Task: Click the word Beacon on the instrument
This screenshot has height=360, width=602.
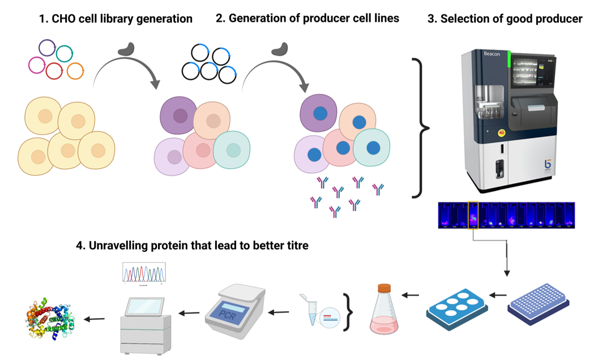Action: (x=492, y=54)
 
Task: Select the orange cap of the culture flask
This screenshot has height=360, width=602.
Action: (x=385, y=288)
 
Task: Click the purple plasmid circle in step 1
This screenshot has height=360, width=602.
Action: (x=48, y=48)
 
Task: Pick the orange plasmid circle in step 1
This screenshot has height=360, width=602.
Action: (x=75, y=71)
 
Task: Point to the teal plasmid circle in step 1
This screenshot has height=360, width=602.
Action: (x=65, y=52)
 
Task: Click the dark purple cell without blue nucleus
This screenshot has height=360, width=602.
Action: (x=180, y=114)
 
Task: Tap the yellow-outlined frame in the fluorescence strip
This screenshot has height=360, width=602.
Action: (x=474, y=216)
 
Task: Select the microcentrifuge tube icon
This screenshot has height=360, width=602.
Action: (x=309, y=309)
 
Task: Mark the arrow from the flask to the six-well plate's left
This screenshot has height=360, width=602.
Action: (x=411, y=295)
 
